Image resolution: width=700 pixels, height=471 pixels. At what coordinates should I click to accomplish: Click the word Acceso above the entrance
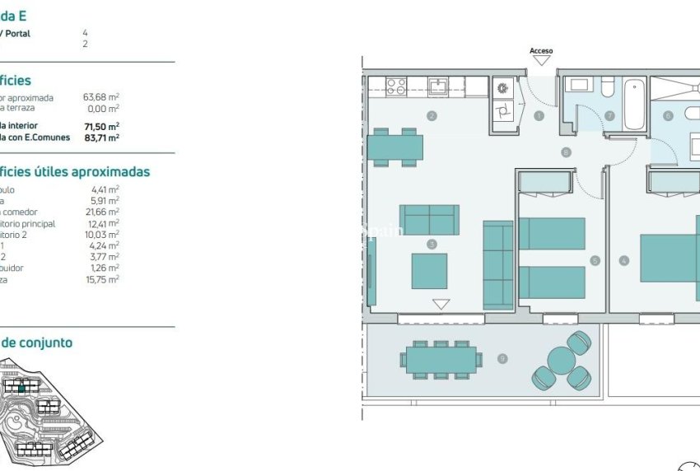(541, 51)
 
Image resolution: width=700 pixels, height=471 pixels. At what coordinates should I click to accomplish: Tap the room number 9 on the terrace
(502, 358)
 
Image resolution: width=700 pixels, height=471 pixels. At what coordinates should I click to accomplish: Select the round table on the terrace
(561, 361)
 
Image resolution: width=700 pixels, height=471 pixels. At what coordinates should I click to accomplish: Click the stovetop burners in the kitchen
(395, 86)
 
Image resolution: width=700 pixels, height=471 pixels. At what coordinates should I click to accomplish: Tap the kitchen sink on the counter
(438, 86)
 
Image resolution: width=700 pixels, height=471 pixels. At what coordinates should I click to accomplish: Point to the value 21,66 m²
(105, 212)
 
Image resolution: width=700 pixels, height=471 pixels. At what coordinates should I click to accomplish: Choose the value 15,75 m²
(105, 279)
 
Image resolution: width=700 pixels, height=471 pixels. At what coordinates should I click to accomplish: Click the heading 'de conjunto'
(36, 343)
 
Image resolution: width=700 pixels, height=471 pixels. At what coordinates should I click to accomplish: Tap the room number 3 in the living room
(431, 244)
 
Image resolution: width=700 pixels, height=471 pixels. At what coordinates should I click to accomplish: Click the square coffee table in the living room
(429, 271)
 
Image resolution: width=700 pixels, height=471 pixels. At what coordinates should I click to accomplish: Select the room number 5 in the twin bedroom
(595, 261)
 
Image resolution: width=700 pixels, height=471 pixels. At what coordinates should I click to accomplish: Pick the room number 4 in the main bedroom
(624, 261)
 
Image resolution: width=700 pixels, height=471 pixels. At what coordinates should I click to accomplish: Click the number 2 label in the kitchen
(431, 116)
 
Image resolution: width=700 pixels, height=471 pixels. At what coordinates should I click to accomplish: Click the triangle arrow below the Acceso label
(541, 61)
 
